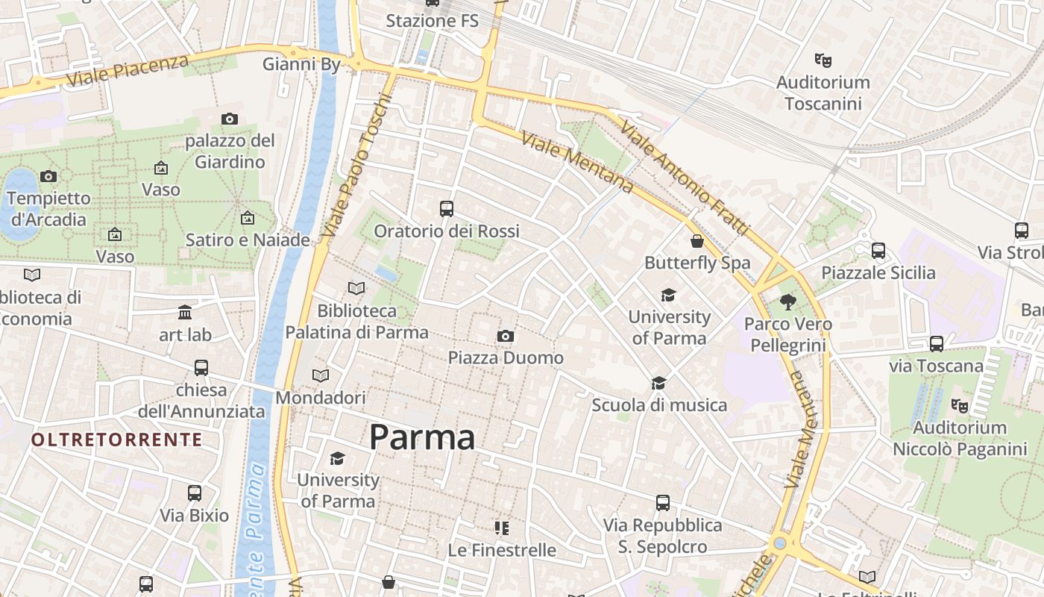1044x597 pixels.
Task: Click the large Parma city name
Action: (422, 437)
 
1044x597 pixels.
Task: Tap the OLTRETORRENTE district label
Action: (117, 440)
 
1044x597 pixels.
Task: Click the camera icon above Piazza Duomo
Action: (506, 337)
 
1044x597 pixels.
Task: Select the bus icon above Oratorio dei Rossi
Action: (447, 209)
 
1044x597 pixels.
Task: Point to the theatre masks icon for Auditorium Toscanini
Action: (823, 60)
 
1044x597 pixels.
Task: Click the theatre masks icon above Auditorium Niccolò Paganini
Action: (960, 406)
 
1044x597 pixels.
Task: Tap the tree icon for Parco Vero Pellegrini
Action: (788, 302)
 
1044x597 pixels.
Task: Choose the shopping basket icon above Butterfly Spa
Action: (696, 241)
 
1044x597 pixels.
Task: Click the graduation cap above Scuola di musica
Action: (658, 384)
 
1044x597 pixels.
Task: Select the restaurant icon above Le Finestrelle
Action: (502, 528)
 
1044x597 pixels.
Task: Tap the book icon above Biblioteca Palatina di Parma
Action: (356, 288)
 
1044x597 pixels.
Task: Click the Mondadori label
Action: (321, 398)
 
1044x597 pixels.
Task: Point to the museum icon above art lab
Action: (185, 313)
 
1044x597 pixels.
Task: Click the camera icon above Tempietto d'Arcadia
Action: (48, 177)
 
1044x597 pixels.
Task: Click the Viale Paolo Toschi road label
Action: (356, 166)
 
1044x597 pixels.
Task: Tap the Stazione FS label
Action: (432, 21)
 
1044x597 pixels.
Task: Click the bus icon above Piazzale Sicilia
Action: (878, 251)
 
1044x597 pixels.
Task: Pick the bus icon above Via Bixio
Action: (195, 493)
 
